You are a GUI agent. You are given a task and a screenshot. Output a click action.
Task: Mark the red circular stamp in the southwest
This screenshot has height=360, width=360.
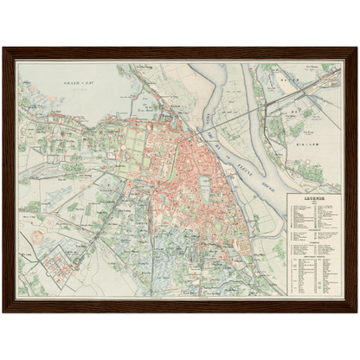pyautogui.click(x=35, y=234)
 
